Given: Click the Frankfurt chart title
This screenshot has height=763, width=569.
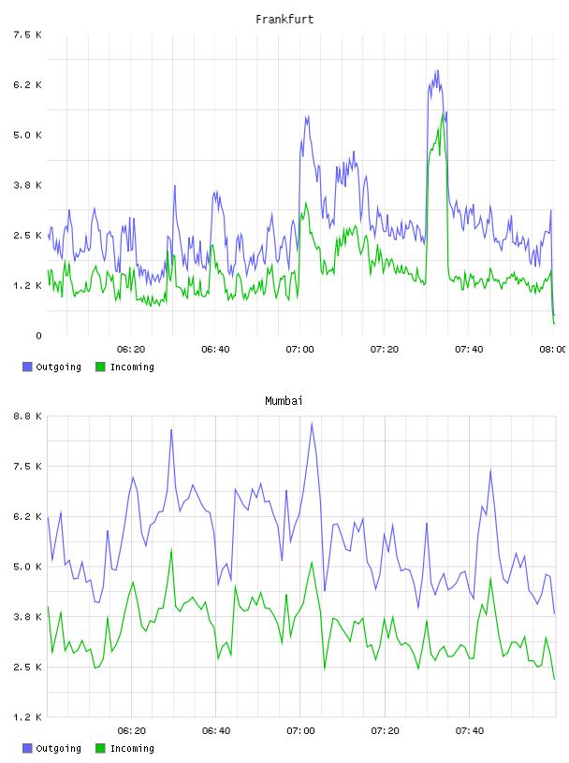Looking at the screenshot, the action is [284, 20].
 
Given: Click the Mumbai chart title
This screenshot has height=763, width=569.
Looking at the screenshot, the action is [284, 401].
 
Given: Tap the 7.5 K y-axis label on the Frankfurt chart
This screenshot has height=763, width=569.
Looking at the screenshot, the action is [28, 35].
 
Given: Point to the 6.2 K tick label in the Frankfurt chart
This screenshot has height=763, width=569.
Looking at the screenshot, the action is [28, 85].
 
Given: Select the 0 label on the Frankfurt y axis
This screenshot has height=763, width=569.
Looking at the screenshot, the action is [38, 336].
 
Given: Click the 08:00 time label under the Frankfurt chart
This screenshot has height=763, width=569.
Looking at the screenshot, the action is [553, 350].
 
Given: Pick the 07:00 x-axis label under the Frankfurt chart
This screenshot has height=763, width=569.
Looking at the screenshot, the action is [300, 350].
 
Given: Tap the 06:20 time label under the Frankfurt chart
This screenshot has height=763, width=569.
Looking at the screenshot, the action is [131, 350].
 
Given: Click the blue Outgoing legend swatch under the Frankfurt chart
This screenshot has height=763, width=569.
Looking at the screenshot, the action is [27, 367].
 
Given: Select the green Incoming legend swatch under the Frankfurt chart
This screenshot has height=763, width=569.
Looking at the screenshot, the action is [100, 367].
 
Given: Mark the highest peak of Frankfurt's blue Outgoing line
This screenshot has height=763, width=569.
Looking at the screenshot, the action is [437, 70].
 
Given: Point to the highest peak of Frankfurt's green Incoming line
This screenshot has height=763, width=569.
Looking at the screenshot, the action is [444, 113].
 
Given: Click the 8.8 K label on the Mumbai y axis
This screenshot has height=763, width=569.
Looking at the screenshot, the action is [28, 416].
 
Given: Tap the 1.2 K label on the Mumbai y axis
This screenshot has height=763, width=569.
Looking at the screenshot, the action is [28, 717].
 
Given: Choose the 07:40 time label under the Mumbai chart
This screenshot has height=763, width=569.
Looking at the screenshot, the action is [470, 731].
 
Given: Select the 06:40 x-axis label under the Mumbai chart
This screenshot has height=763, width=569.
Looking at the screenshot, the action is [216, 731].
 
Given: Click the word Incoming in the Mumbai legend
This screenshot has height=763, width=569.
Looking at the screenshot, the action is [132, 748].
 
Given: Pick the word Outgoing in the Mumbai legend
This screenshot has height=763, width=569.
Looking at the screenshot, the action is [58, 748].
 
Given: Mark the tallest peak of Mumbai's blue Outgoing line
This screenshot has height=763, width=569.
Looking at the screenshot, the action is [312, 424].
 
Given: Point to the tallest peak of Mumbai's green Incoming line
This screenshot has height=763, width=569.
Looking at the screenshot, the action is [171, 550].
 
